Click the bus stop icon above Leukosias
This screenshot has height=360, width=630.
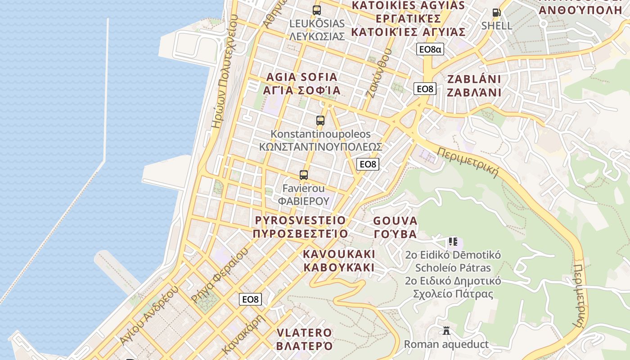[x=317, y=10]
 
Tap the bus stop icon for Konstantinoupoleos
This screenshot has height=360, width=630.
[x=320, y=120]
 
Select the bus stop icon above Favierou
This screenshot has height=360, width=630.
[x=304, y=175]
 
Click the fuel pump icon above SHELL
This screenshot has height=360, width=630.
[x=497, y=13]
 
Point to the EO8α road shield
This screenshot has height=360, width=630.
[x=430, y=49]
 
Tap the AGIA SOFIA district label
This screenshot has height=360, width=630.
[x=301, y=84]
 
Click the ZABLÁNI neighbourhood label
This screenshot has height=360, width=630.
[x=474, y=85]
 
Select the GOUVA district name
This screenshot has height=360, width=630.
[x=396, y=227]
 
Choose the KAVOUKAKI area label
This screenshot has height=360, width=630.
[x=339, y=261]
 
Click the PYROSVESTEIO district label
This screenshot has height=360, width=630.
[x=300, y=227]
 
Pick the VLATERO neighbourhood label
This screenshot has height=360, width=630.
[x=304, y=339]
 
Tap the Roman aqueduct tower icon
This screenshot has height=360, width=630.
[x=446, y=331]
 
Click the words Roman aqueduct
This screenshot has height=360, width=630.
[x=446, y=345]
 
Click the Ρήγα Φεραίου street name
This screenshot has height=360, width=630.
[x=219, y=275]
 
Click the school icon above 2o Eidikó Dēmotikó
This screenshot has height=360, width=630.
[x=453, y=242]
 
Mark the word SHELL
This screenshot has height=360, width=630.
[x=497, y=26]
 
